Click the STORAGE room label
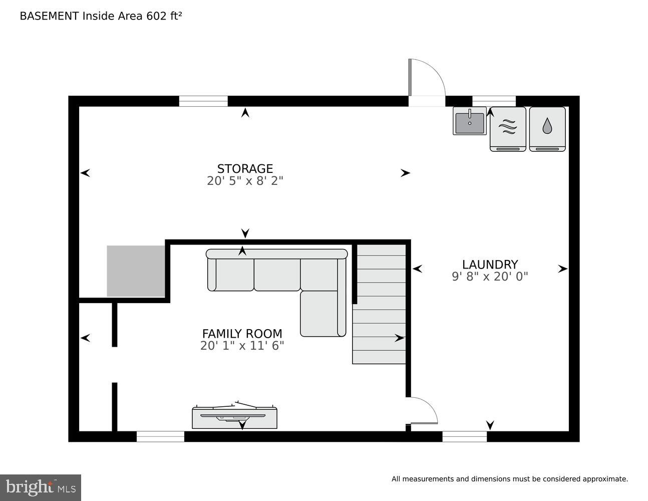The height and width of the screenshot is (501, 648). tap(245, 168)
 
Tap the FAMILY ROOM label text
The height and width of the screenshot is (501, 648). tap(242, 334)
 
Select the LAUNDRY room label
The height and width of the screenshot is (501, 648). tap(489, 265)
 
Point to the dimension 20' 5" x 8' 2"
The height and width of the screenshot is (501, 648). tap(245, 181)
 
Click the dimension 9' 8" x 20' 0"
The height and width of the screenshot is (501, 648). tap(489, 276)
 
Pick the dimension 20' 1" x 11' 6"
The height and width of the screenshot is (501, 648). tap(242, 346)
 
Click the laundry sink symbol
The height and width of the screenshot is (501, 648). tap(470, 121)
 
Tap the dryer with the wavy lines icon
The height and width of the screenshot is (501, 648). tap(508, 129)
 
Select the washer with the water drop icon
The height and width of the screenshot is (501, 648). tap(547, 129)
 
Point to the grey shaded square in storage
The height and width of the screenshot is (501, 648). tap(136, 271)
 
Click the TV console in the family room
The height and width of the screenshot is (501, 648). tap(234, 417)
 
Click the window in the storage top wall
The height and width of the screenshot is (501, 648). tap(203, 101)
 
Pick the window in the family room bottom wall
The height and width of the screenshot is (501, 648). tap(160, 436)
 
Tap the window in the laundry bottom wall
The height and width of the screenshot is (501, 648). tap(464, 436)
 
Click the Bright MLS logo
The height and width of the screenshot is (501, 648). tap(41, 487)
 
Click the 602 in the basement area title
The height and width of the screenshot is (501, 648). tap(155, 16)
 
